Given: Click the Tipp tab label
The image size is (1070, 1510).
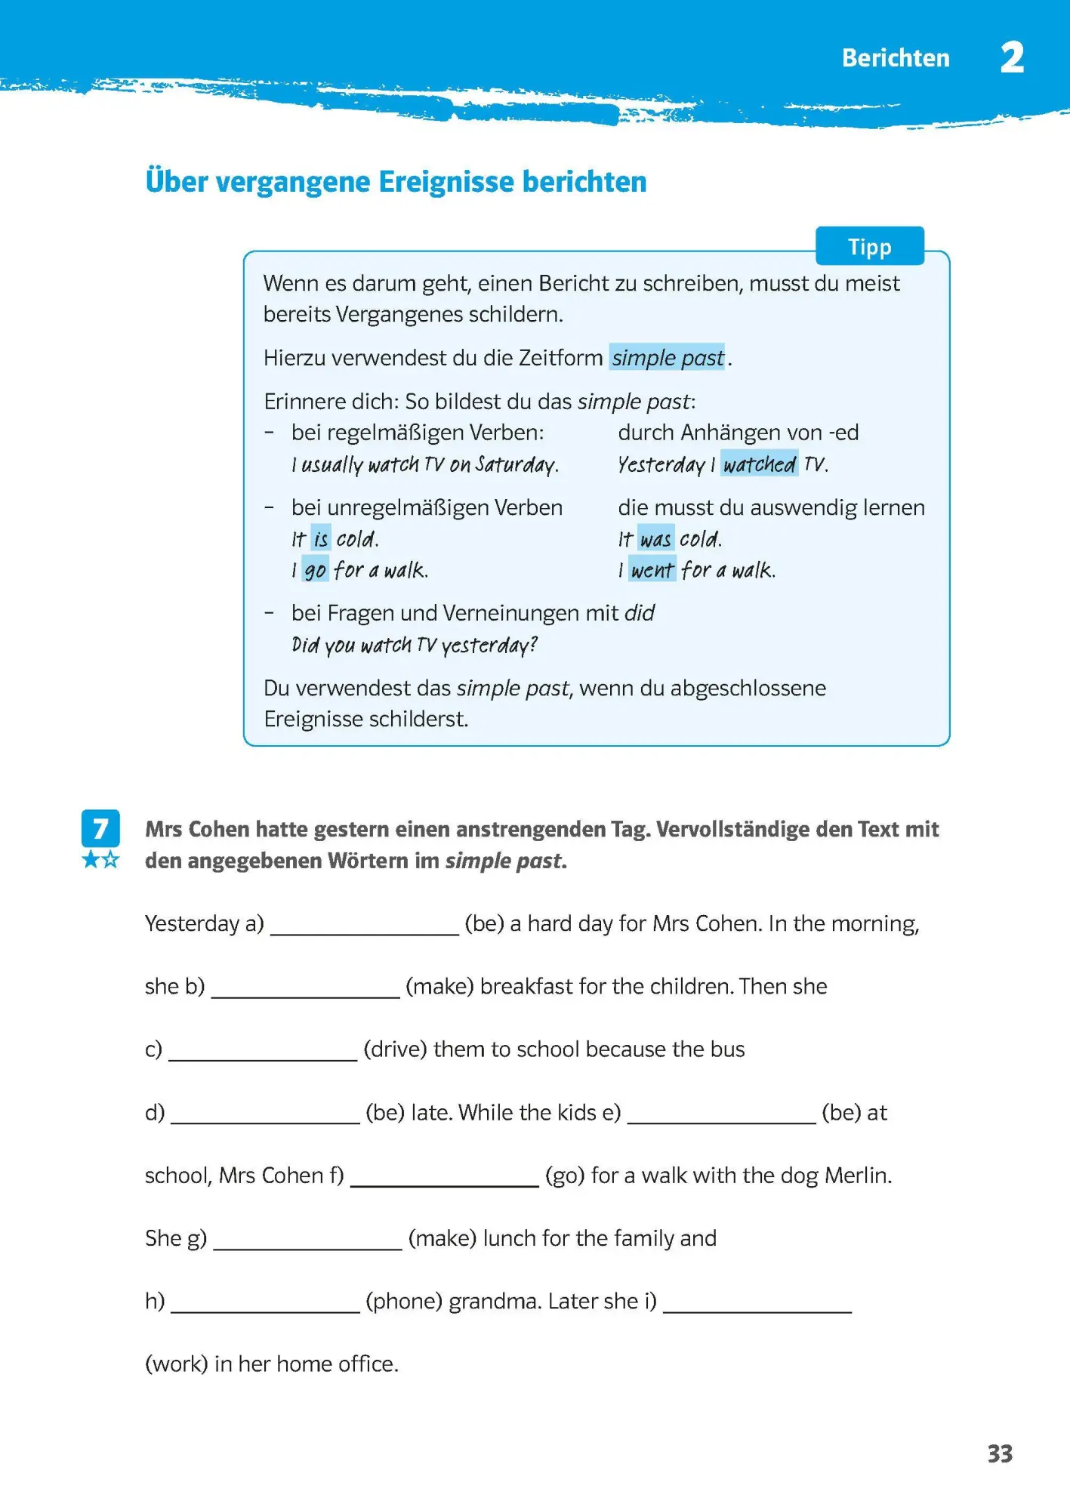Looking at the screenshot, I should (869, 247).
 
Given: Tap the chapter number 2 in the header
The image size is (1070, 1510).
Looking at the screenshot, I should (1012, 58).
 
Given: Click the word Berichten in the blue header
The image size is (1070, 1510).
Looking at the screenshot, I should (896, 58).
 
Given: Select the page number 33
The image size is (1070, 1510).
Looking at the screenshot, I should (1000, 1453).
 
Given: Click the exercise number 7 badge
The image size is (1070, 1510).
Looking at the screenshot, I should (100, 829).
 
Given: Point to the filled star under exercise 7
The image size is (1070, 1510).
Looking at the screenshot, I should (91, 860).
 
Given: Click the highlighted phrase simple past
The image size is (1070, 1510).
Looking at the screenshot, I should (668, 357).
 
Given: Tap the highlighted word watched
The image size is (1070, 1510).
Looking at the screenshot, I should (759, 464).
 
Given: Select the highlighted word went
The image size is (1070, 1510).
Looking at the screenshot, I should (652, 570).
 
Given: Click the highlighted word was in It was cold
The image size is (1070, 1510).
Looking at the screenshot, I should (655, 539).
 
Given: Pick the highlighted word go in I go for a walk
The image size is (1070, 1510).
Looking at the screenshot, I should (315, 570).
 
